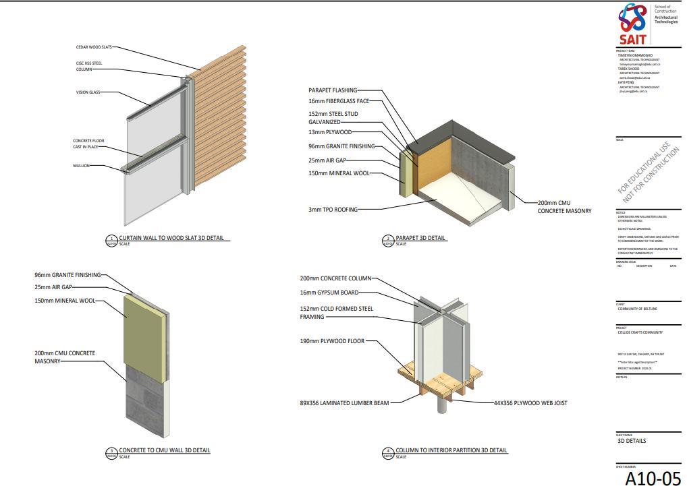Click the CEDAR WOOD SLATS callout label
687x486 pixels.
(93, 47)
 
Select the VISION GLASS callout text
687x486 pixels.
(88, 92)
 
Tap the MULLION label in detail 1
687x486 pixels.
(81, 166)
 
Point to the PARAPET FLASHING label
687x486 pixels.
(333, 90)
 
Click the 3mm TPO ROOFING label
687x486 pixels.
(333, 210)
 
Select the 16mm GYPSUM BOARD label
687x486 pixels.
(329, 293)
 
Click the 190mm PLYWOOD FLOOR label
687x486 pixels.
(332, 341)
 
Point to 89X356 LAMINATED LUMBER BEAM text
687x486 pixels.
(344, 403)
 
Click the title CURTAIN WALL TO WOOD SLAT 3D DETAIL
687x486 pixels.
(171, 238)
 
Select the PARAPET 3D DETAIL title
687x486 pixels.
(420, 238)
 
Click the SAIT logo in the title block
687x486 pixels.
(633, 24)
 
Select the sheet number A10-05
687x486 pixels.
(653, 477)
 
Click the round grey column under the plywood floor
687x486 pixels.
(442, 404)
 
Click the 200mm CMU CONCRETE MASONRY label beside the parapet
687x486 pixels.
(564, 207)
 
